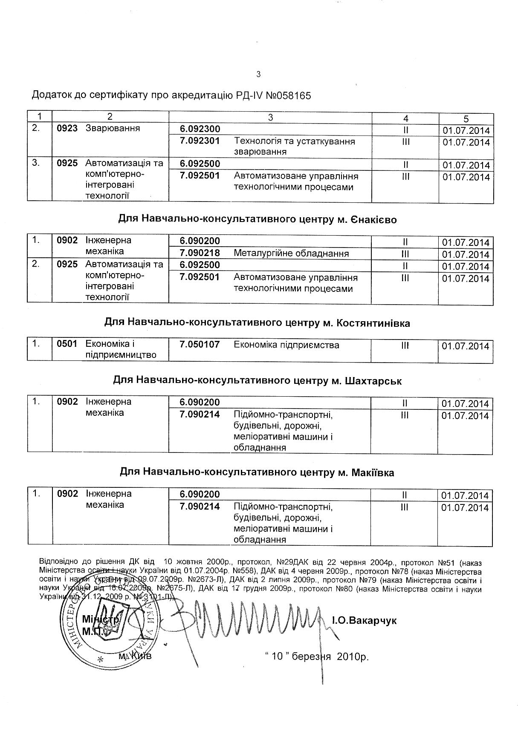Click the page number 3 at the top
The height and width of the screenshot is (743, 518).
tap(258, 75)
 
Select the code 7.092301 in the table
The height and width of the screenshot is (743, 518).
tap(200, 141)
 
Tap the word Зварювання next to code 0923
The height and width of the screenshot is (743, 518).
tap(113, 128)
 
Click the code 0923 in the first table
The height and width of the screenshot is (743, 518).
tap(67, 128)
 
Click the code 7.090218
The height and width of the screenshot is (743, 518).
tap(200, 253)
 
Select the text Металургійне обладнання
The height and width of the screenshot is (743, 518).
tap(291, 253)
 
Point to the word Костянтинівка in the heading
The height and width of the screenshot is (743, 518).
tap(373, 323)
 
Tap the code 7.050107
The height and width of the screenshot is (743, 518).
tap(200, 345)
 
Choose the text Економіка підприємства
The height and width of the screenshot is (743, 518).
tap(286, 345)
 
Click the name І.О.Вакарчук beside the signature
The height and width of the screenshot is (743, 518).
tap(364, 621)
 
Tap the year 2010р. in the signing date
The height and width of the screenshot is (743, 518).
tap(353, 657)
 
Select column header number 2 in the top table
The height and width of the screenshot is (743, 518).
tap(110, 116)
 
